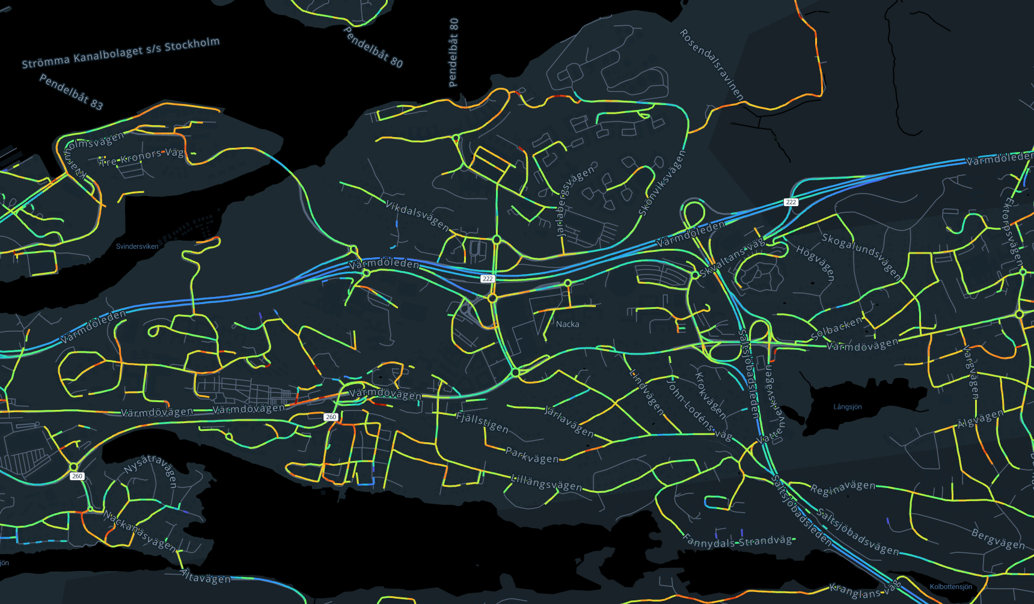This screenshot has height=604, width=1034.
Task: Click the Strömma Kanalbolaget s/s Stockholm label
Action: tap(121, 53)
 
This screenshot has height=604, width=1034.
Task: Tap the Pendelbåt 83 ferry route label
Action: tap(71, 92)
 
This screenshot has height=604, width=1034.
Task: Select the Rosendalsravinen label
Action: tap(712, 65)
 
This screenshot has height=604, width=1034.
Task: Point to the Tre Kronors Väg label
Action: tap(142, 157)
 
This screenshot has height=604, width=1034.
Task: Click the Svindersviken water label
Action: tap(137, 246)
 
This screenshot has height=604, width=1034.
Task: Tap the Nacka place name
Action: tap(567, 325)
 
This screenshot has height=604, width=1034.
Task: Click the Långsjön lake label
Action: tap(847, 407)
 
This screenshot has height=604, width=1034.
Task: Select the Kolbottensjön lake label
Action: tap(950, 587)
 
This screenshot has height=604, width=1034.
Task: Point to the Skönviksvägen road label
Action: tap(662, 183)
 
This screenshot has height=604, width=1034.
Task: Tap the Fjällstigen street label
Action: tap(482, 422)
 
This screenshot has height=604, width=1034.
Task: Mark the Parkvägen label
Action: tap(532, 456)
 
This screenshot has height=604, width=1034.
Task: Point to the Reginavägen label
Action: tap(843, 487)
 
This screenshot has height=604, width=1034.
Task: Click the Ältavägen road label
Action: tap(206, 576)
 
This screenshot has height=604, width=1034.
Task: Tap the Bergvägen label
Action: tap(998, 539)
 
